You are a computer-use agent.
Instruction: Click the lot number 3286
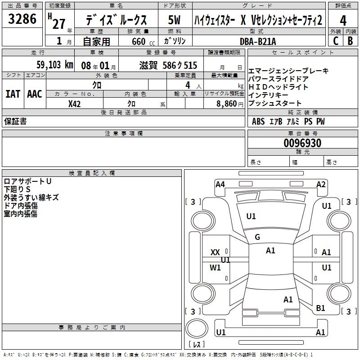point(22,18)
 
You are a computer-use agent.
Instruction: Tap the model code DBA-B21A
point(258,41)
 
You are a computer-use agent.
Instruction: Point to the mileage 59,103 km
point(49,65)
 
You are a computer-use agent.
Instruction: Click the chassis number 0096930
point(302,144)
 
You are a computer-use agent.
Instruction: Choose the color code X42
point(75,104)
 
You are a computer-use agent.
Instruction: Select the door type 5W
point(175,21)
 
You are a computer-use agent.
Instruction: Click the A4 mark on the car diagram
point(220,184)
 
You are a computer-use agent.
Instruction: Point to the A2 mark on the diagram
point(321,184)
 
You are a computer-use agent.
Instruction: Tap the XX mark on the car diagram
point(215,252)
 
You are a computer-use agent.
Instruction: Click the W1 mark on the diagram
point(216,268)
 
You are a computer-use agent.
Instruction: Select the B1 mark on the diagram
point(320,308)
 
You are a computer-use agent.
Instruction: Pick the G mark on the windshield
point(257,237)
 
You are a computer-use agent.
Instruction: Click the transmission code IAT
point(13,94)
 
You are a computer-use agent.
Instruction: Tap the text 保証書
point(15,121)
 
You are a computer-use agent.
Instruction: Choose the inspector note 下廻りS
point(18,189)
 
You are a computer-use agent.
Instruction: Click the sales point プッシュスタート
point(275,103)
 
